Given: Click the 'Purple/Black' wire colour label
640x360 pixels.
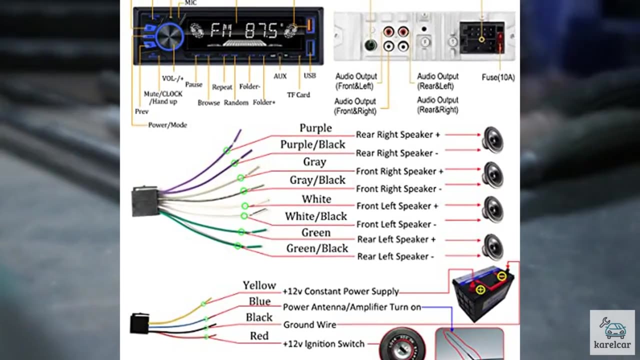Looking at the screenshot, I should tap(312, 144).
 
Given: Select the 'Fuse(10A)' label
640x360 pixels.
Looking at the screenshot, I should tap(498, 77).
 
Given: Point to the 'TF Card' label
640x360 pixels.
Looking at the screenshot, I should tap(298, 94).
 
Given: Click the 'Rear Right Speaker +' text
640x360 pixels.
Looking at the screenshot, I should tap(397, 134).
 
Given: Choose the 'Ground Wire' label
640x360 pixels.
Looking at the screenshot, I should tap(309, 324).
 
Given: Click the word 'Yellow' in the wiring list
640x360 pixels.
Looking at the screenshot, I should tap(259, 285).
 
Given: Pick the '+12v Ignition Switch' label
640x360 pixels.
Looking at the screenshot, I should tap(323, 344).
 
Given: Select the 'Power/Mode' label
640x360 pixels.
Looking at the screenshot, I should tap(167, 125).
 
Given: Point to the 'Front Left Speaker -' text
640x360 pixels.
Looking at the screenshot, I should tap(396, 224).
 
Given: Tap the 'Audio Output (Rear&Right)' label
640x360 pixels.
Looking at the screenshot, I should tap(437, 105).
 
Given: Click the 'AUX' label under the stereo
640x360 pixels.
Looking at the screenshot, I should tap(280, 76).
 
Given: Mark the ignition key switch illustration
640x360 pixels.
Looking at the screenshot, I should tap(402, 345).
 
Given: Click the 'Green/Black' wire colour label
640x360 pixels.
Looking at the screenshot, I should tap(317, 248).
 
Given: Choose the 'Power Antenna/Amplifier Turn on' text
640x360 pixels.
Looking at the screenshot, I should tap(351, 307).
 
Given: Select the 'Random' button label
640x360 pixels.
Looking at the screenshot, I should tap(236, 102).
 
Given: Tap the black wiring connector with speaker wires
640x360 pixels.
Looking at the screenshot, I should tap(145, 201).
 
